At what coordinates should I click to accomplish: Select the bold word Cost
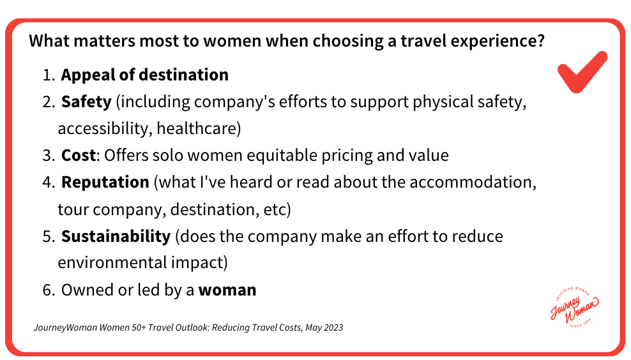tap(78, 155)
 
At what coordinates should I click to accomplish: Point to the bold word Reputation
tap(105, 182)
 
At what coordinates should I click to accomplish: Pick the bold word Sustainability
tap(116, 236)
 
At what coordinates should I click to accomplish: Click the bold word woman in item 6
tap(227, 290)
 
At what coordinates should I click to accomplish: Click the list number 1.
tap(47, 75)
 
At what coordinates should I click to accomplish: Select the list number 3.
tap(48, 155)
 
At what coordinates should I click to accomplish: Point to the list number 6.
tap(48, 290)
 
